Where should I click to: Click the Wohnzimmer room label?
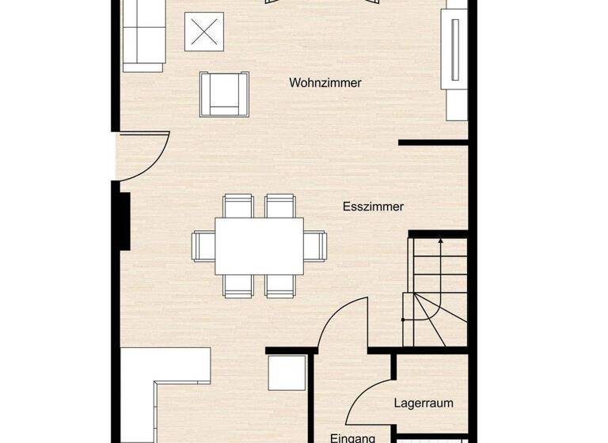(x=325, y=83)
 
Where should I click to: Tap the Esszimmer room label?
(x=373, y=207)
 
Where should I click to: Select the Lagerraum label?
(x=424, y=403)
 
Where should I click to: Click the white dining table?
(x=259, y=245)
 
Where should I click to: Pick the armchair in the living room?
(x=224, y=94)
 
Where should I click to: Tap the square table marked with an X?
(x=204, y=32)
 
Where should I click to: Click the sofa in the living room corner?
(x=142, y=36)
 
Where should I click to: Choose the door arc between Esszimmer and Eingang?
(x=345, y=320)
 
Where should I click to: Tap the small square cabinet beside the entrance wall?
(x=287, y=373)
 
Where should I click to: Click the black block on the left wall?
(x=123, y=221)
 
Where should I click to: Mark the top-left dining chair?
(x=237, y=206)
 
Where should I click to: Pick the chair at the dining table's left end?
(x=203, y=245)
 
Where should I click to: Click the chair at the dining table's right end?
(x=314, y=245)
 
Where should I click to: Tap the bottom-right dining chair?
(x=280, y=285)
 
